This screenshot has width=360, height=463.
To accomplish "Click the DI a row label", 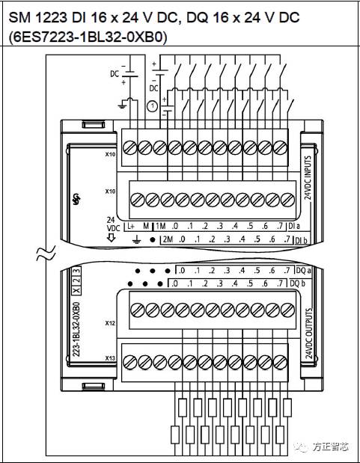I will [x=295, y=225].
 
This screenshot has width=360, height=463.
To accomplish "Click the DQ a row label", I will [x=301, y=270].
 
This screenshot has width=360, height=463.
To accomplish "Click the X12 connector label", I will [x=109, y=323].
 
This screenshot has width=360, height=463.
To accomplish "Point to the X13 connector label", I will [x=109, y=358].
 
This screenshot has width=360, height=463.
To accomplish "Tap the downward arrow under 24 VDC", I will [x=111, y=239].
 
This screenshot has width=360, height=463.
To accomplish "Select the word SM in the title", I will [x=19, y=15].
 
